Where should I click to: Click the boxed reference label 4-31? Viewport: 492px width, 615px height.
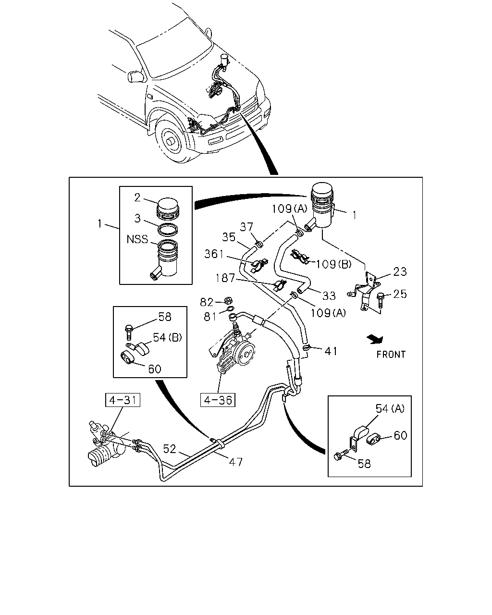(x=123, y=400)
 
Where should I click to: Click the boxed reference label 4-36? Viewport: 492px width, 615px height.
(x=218, y=400)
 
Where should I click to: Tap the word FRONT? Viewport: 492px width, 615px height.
(x=391, y=355)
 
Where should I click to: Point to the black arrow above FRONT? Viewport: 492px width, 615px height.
(x=375, y=339)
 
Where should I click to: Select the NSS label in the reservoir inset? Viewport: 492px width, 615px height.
(x=137, y=239)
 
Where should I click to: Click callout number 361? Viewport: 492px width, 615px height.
(x=214, y=254)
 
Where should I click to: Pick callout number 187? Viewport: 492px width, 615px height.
(x=225, y=278)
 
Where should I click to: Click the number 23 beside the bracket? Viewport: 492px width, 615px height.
(x=400, y=271)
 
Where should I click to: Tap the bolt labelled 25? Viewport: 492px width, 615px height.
(x=380, y=299)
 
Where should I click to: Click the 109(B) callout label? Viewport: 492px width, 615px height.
(x=333, y=264)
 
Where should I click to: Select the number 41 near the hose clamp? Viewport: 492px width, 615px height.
(x=331, y=351)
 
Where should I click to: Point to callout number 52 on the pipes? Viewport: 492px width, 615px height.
(x=170, y=449)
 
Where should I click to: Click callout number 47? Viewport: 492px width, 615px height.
(x=236, y=462)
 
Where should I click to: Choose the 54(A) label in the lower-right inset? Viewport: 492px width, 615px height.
(x=390, y=409)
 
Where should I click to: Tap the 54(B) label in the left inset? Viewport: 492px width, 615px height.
(x=168, y=337)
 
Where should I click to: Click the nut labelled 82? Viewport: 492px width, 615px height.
(x=228, y=300)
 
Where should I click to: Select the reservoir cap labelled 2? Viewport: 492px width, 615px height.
(x=168, y=209)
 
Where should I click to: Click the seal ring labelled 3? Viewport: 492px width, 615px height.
(x=168, y=230)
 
